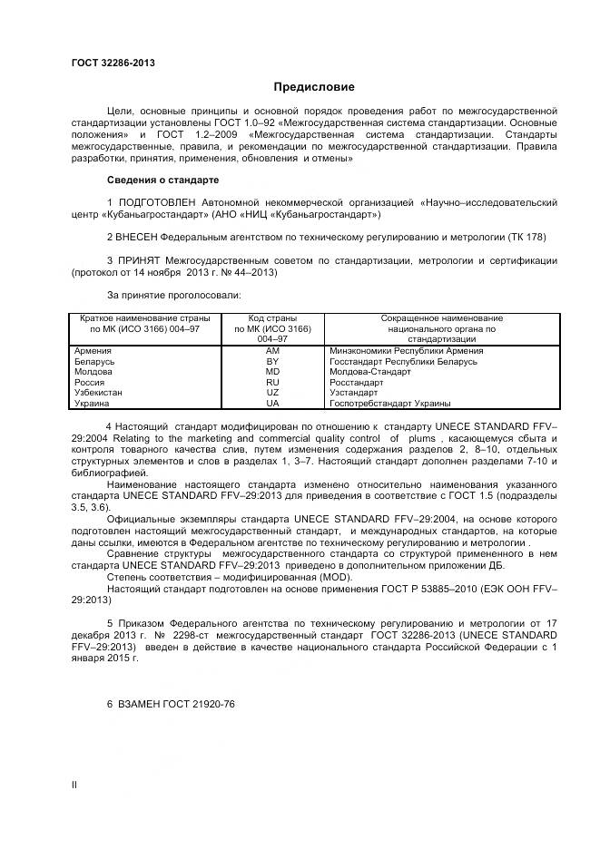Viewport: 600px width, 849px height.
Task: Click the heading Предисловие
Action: pos(315,87)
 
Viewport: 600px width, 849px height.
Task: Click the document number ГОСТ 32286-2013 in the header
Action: pos(113,63)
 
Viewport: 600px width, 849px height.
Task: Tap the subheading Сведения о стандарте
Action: pos(163,179)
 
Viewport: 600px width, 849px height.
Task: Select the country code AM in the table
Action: pos(272,350)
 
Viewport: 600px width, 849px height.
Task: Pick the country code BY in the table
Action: pos(272,361)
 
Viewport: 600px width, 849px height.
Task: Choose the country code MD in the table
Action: pos(272,372)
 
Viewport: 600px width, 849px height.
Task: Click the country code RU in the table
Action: pos(272,383)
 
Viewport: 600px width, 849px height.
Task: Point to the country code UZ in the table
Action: pos(272,393)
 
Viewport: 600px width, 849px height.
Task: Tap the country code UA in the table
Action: pos(272,404)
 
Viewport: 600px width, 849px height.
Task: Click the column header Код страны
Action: pos(272,318)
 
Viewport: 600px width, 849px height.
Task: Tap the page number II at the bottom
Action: pos(74,785)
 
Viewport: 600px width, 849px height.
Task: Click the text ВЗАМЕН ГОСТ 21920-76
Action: pos(172,703)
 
